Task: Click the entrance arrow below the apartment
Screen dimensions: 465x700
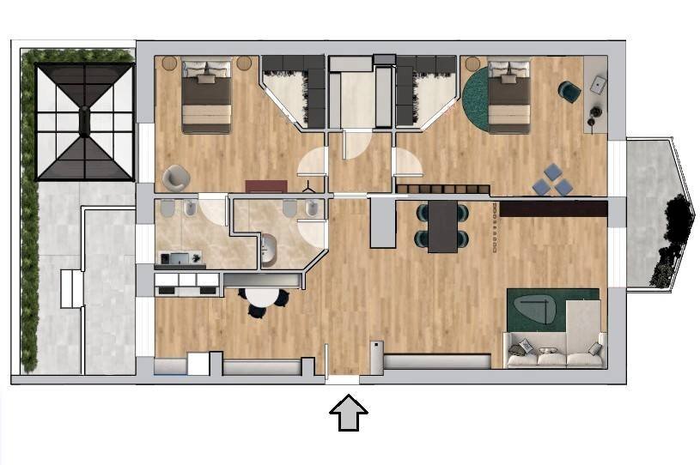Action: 349,413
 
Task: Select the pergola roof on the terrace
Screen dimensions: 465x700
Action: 83,121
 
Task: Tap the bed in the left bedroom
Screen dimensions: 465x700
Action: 207,96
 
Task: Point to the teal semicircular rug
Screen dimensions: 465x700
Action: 474,101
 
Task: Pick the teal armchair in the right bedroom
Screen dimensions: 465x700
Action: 569,90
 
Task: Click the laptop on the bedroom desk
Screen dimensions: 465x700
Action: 599,84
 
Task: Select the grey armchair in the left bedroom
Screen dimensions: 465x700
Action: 175,176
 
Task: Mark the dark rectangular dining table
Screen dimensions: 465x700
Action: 443,226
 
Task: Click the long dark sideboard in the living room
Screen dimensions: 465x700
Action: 553,208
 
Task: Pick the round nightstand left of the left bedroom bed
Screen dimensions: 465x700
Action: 168,63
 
